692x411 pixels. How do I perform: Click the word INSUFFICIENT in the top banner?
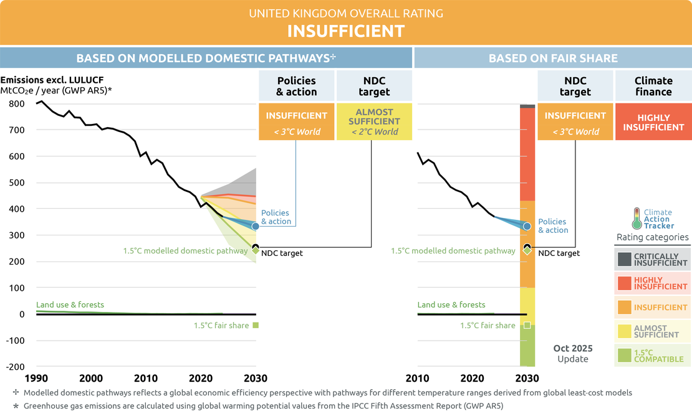click(x=345, y=31)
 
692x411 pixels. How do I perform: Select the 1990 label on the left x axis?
click(x=36, y=378)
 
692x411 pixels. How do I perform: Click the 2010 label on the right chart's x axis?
click(x=418, y=378)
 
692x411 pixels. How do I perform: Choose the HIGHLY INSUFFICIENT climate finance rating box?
click(x=653, y=122)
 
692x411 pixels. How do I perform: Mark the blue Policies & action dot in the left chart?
click(x=255, y=225)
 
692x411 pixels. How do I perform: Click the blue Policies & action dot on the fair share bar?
click(x=527, y=227)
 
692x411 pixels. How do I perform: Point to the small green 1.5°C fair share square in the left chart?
click(x=256, y=325)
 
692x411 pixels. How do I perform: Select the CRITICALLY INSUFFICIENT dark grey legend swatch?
click(x=623, y=258)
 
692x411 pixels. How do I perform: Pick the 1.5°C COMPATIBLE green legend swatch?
click(x=623, y=355)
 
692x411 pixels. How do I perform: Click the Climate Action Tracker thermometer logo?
click(x=637, y=218)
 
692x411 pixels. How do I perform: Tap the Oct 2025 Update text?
click(x=573, y=353)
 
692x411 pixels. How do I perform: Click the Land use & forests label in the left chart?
click(x=70, y=305)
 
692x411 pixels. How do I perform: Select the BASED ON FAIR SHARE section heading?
click(x=553, y=59)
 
